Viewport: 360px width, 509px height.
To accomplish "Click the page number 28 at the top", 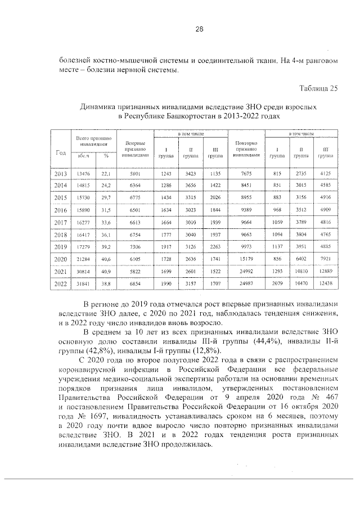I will pyautogui.click(x=183, y=29).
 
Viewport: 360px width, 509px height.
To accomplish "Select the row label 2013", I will pyautogui.click(x=60, y=174).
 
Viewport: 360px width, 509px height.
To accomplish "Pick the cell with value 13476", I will pyautogui.click(x=83, y=174).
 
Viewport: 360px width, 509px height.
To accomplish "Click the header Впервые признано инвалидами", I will pyautogui.click(x=136, y=149).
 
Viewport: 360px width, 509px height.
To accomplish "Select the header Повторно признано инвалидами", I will pyautogui.click(x=247, y=149).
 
